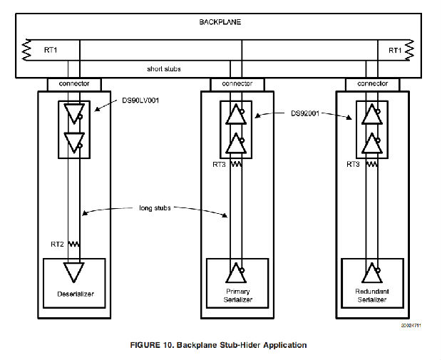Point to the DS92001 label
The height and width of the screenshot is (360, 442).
[x=308, y=113]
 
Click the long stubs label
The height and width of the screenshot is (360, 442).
[x=158, y=208]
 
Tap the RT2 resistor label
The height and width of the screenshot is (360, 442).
[x=58, y=244]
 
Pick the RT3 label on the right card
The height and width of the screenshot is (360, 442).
[x=352, y=164]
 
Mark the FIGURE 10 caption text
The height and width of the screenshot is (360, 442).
[x=218, y=345]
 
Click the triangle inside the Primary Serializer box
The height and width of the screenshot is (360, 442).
[x=233, y=273]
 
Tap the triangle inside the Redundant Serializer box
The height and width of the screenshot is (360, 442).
[x=369, y=273]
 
